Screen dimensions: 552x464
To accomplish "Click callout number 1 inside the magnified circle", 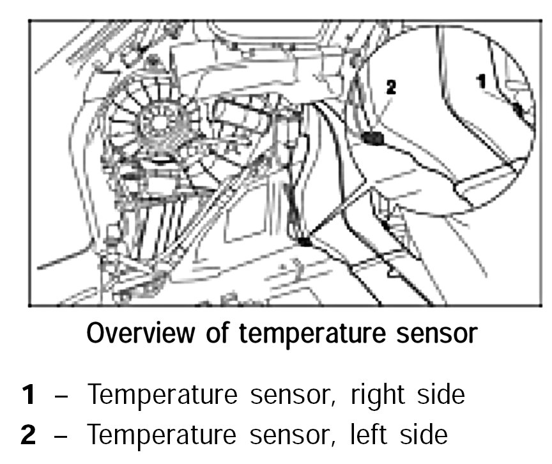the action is (x=481, y=81).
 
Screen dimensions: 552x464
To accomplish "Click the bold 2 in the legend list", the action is (x=28, y=435).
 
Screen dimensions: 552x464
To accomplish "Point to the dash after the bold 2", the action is (x=62, y=436).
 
